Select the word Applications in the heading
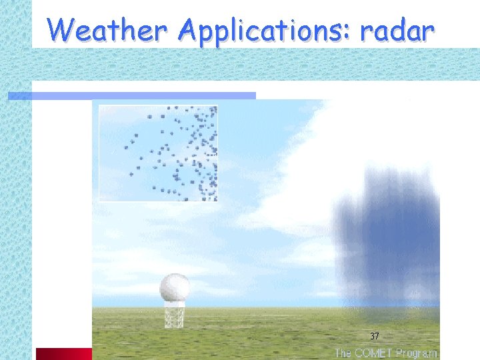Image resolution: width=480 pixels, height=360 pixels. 265,31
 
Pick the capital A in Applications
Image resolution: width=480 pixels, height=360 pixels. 190,29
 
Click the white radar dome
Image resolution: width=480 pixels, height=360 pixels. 175,288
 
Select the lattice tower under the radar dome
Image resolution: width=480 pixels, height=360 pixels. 174,315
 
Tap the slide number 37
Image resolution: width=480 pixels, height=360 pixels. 374,336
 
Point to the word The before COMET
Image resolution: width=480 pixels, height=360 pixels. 344,353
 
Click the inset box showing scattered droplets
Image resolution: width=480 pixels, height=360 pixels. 158,153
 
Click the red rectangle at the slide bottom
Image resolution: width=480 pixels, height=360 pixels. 63,353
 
